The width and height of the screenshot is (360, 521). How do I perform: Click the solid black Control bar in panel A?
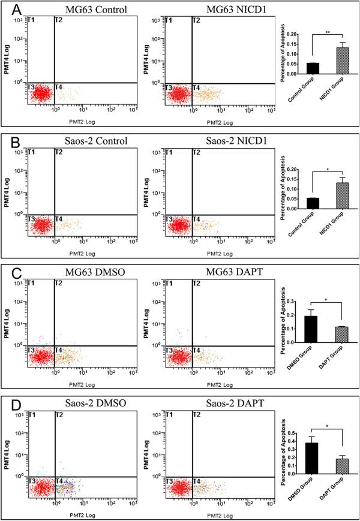coord(313,68)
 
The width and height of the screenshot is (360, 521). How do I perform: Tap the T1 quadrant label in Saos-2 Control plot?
coord(32,153)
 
